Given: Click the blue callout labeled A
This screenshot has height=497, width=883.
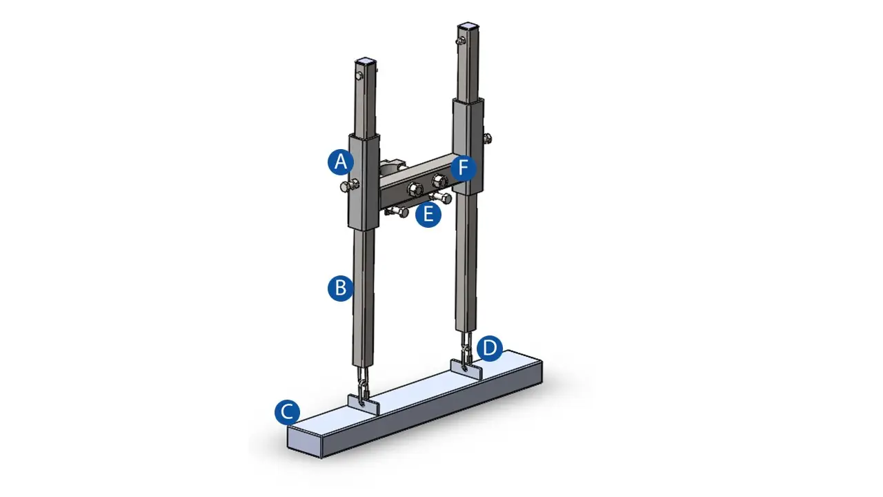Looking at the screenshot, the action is point(341,162).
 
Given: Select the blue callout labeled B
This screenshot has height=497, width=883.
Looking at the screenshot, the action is point(341,288).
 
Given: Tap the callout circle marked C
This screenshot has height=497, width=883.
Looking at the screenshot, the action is point(288,412).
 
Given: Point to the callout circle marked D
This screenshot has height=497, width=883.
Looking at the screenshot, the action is point(490,349).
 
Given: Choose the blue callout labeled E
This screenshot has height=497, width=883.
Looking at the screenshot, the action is point(428,214).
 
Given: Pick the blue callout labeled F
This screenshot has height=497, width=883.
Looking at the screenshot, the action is point(464,168).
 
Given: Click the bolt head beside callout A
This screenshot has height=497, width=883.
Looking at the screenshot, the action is point(349,186).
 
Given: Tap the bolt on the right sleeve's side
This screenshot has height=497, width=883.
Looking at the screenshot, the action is point(488,139).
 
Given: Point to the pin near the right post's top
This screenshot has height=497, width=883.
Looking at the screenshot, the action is point(460,41).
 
